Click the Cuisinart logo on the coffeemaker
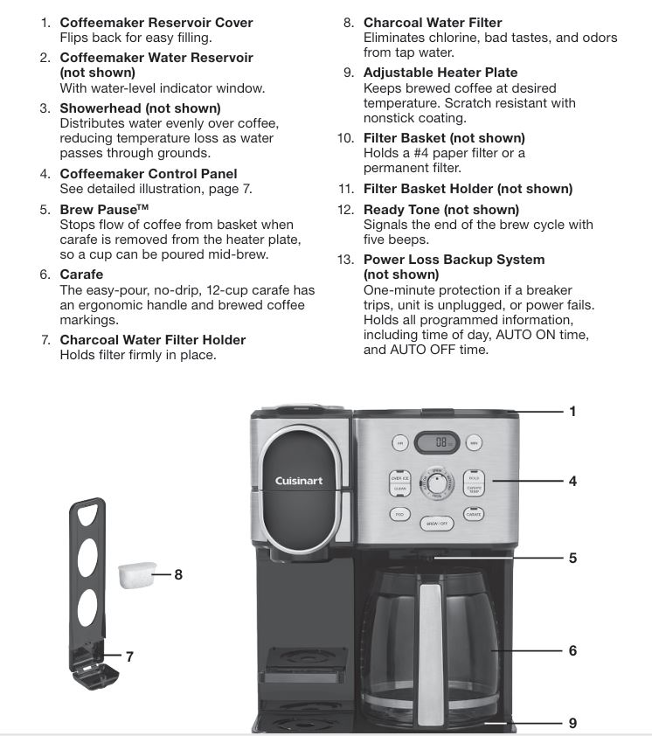[299, 481]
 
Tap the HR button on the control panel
[400, 443]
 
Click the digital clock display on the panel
[437, 442]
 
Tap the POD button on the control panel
[399, 515]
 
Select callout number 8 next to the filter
[178, 574]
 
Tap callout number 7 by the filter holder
[129, 656]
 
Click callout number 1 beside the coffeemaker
[572, 411]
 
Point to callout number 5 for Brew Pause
[572, 557]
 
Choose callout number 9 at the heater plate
[572, 723]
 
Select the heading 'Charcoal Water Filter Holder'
[152, 339]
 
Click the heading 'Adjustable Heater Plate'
[440, 73]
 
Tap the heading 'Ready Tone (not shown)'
[440, 210]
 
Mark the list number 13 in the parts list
[346, 260]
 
